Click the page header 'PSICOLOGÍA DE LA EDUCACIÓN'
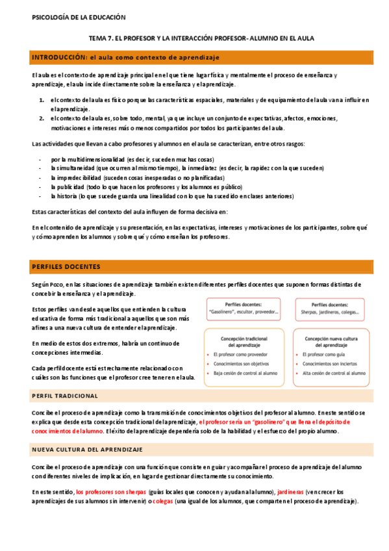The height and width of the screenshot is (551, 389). coord(79,18)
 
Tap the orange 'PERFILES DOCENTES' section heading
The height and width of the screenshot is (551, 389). coord(66,267)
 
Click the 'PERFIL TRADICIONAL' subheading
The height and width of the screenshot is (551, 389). coord(65,396)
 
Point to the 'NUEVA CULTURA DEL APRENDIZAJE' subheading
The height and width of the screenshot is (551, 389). coord(87,450)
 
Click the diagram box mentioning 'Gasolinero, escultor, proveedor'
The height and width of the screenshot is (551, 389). coord(243,308)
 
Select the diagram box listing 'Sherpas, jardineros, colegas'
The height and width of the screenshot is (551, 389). coord(329,308)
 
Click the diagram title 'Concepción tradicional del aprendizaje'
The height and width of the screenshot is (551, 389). coord(243,341)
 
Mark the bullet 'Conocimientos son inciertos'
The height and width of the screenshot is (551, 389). coord(331,365)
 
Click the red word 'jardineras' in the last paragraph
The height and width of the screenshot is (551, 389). coord(290,492)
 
